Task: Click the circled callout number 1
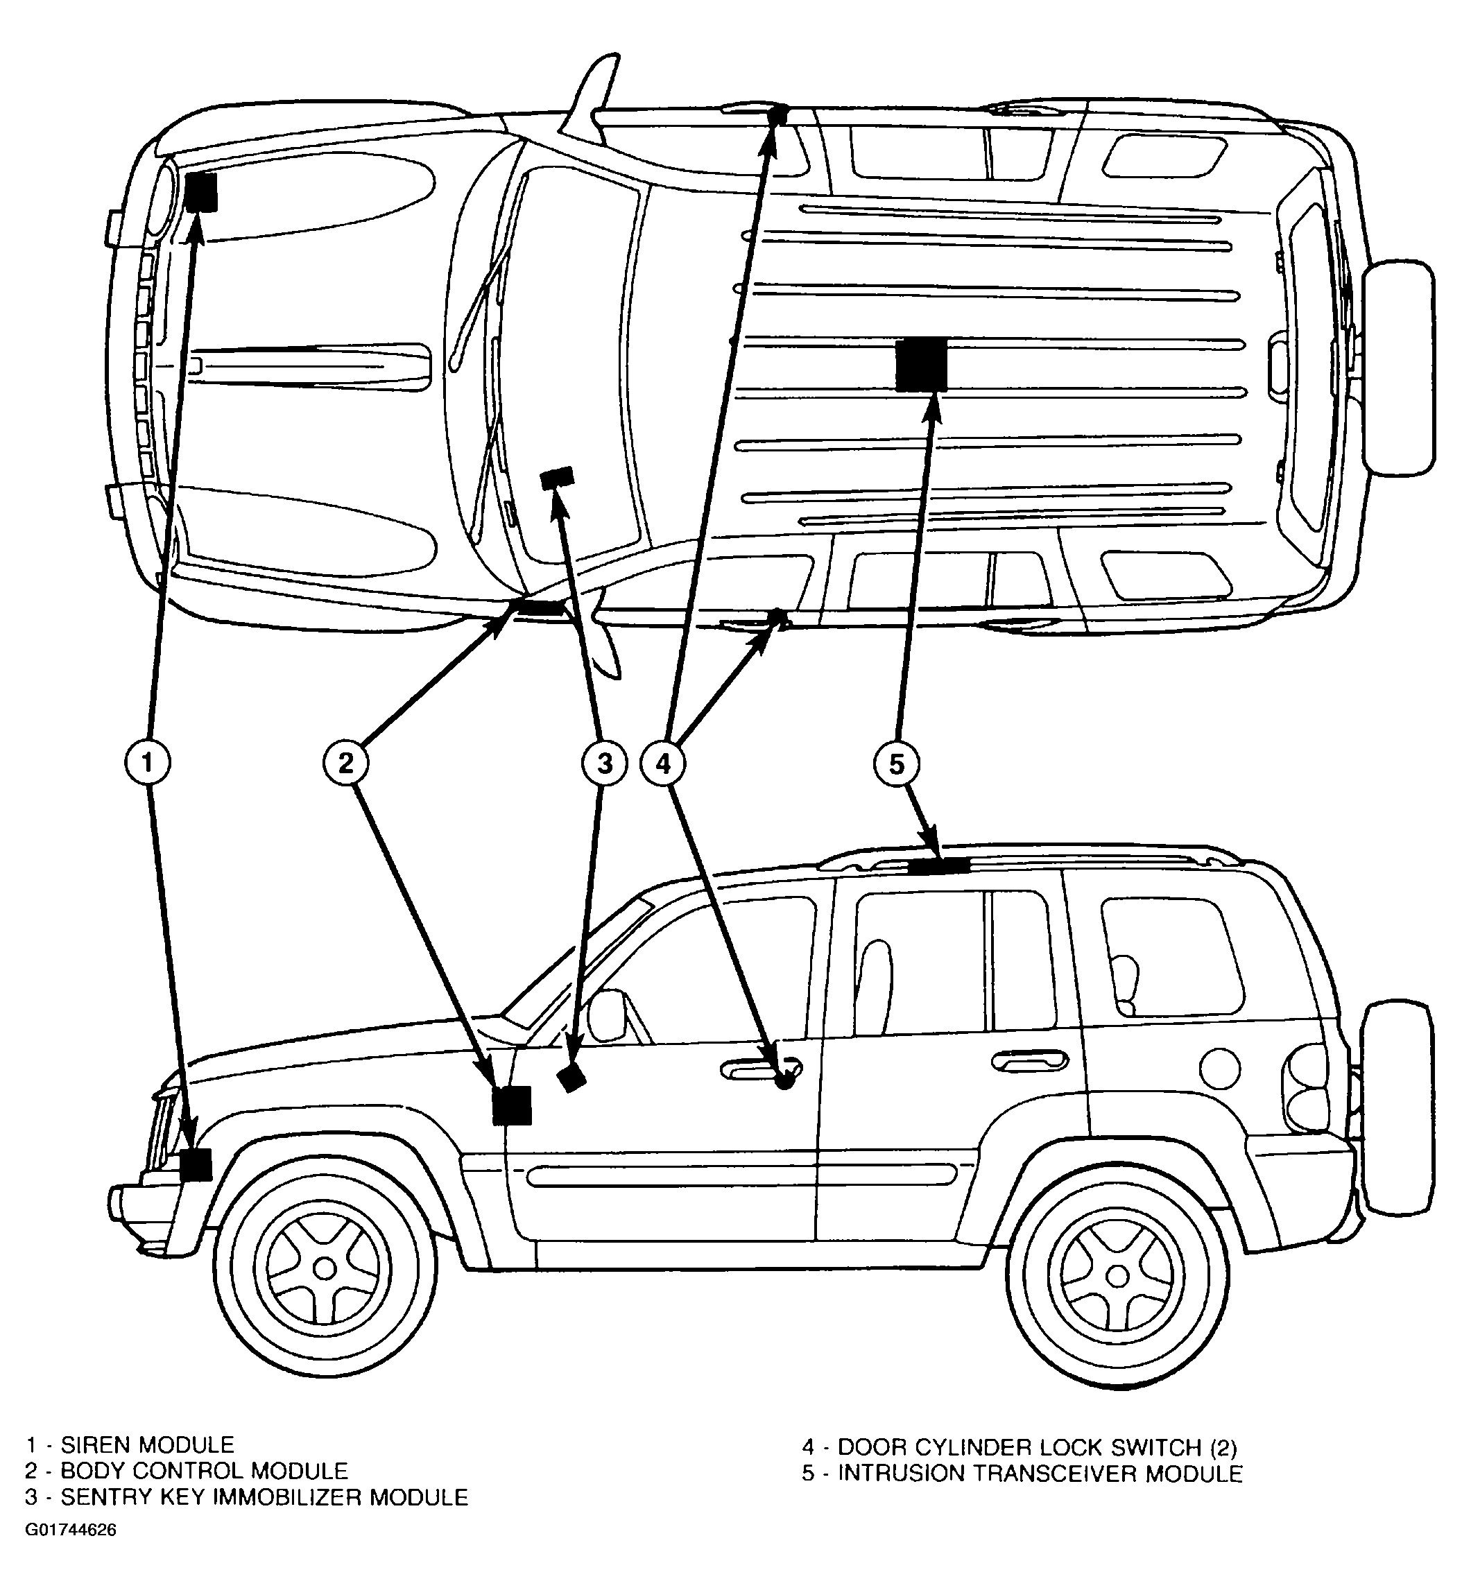(x=147, y=762)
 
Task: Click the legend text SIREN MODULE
(x=148, y=1445)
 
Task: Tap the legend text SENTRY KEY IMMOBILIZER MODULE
(x=264, y=1497)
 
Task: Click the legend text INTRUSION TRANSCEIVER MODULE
(x=1040, y=1474)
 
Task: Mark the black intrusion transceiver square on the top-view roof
(x=922, y=364)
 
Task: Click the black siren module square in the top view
(x=202, y=192)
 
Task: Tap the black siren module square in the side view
(x=196, y=1165)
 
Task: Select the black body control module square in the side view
(x=512, y=1105)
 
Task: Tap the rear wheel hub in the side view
(x=1117, y=1276)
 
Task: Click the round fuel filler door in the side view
(x=1220, y=1068)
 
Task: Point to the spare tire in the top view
(x=1399, y=367)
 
